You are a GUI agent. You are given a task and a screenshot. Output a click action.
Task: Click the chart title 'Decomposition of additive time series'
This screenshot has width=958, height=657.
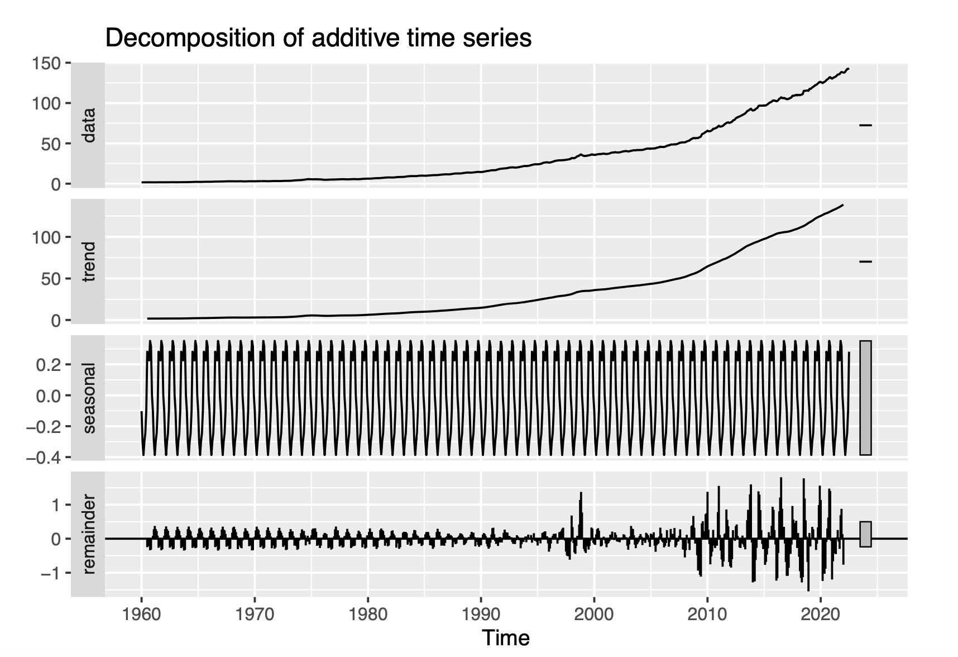point(318,39)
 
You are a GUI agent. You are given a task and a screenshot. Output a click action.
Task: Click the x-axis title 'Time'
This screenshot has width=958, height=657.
point(506,637)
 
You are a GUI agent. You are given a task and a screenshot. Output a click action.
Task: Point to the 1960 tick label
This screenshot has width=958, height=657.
point(141,615)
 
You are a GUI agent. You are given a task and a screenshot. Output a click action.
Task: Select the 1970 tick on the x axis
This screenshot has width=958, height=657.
point(255,615)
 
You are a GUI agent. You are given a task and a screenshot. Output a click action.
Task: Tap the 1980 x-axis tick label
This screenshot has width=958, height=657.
point(368,615)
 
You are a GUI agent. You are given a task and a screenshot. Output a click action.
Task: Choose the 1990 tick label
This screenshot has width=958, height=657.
point(481,615)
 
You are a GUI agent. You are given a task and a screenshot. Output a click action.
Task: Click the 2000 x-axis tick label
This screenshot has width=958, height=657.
point(594,615)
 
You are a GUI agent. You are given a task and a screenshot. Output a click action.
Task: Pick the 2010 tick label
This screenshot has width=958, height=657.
point(707,615)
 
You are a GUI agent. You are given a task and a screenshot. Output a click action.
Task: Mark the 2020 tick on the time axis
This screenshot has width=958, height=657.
point(821,615)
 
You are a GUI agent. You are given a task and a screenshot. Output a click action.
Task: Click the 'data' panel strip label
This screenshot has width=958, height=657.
point(88,125)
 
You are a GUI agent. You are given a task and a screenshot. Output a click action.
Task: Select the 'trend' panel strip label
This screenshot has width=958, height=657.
point(88,261)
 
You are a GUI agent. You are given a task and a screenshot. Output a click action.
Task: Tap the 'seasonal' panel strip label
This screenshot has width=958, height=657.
point(88,397)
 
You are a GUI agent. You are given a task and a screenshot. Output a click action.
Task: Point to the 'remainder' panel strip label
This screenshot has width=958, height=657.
point(88,534)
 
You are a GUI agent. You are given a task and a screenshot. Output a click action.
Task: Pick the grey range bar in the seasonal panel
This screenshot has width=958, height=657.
point(865,398)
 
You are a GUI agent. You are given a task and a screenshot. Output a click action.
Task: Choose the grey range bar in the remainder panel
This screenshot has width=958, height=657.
point(865,534)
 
